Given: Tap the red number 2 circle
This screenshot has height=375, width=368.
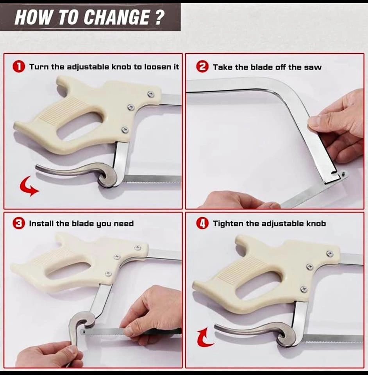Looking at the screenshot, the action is click(x=202, y=67).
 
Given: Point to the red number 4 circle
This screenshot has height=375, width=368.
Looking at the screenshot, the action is click(x=202, y=223).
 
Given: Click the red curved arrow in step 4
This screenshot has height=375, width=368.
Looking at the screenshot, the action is click(x=203, y=338).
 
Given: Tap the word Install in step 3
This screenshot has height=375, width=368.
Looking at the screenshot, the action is click(x=41, y=223).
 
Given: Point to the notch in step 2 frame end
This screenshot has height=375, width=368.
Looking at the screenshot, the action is click(x=334, y=172).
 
